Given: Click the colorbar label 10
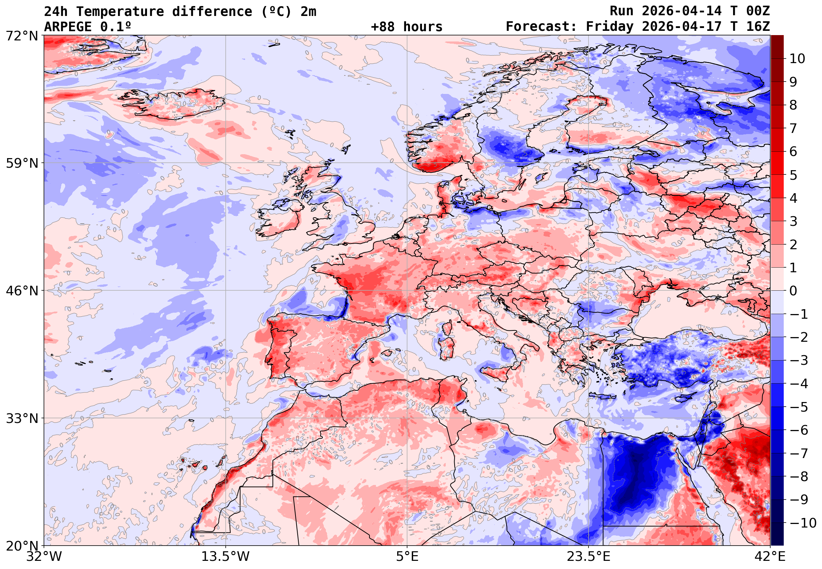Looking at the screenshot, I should tap(797, 59).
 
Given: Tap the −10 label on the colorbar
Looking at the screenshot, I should tap(803, 523).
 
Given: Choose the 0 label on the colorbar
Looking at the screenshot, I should tap(794, 291).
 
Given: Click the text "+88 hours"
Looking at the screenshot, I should tap(406, 27).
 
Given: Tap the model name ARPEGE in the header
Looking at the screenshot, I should tap(68, 27).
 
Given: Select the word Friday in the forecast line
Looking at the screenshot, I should tap(610, 27).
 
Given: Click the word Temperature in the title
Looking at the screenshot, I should tap(119, 12).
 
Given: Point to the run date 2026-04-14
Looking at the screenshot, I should tap(681, 11).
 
